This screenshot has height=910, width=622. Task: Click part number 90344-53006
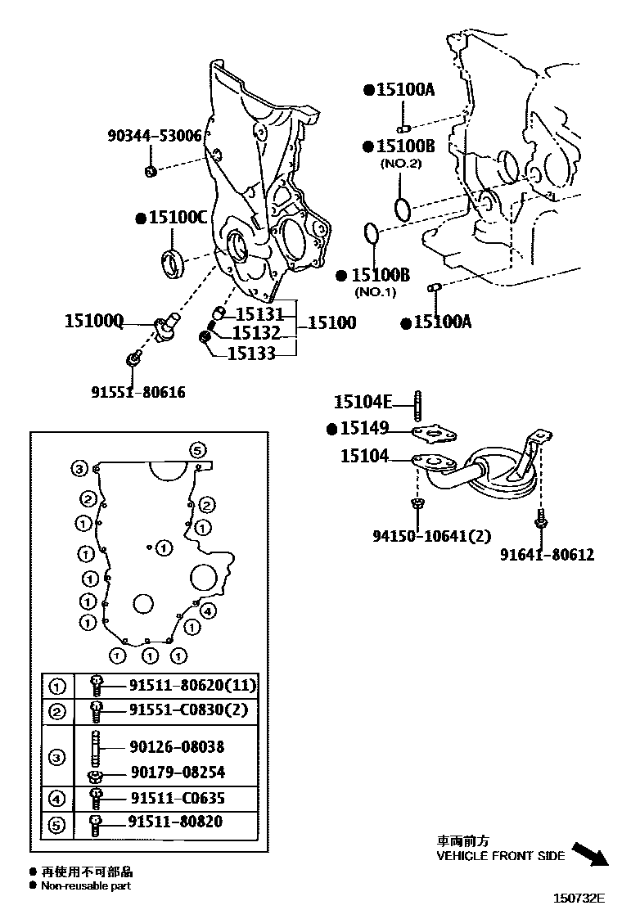point(154,136)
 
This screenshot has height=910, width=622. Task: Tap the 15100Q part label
point(94,322)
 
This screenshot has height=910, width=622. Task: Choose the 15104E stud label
point(363,401)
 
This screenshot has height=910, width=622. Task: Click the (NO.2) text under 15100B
point(400,164)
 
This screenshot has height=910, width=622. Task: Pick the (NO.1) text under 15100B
point(375,292)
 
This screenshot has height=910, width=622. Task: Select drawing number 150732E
point(579,899)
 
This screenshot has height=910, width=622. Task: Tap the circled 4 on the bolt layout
point(207,610)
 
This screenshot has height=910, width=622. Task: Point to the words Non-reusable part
point(85,885)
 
